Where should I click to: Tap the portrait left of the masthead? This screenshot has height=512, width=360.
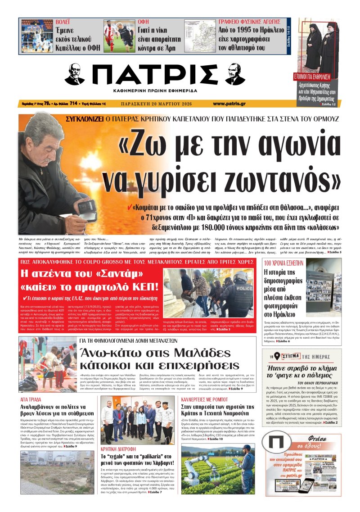[x=74, y=74]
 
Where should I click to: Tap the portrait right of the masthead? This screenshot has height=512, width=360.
[x=235, y=74]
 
